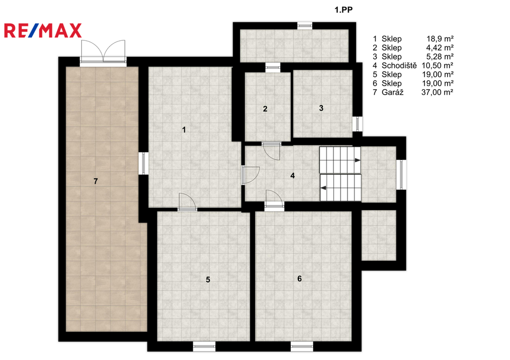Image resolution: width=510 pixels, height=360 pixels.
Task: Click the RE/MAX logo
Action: click(43, 30)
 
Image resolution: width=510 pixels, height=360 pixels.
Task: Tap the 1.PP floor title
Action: click(344, 10)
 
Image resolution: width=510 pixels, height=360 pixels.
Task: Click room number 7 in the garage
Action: click(96, 181)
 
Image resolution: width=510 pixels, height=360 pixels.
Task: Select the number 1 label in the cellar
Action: click(184, 130)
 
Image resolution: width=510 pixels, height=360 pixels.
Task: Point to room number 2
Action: click(265, 109)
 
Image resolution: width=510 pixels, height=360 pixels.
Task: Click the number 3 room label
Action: click(321, 108)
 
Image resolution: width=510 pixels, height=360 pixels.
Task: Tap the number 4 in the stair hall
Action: click(293, 176)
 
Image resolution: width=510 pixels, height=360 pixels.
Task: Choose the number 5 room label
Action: click(208, 280)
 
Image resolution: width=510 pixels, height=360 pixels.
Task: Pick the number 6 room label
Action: click(299, 279)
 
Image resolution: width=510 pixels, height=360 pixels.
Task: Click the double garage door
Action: click(103, 52)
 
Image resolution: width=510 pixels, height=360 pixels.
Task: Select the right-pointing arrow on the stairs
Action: click(357, 160)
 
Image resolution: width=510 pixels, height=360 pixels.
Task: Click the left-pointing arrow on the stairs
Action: click(324, 188)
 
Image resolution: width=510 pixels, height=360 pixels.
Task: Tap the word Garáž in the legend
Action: click(392, 92)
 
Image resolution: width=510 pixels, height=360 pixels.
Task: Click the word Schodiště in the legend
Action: click(399, 66)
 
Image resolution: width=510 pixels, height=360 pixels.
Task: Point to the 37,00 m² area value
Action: click(437, 92)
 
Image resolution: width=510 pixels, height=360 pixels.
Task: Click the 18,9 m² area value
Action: click(440, 39)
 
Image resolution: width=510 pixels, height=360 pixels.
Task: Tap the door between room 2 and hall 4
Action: click(271, 151)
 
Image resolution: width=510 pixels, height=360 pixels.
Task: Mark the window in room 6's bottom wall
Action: click(302, 347)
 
